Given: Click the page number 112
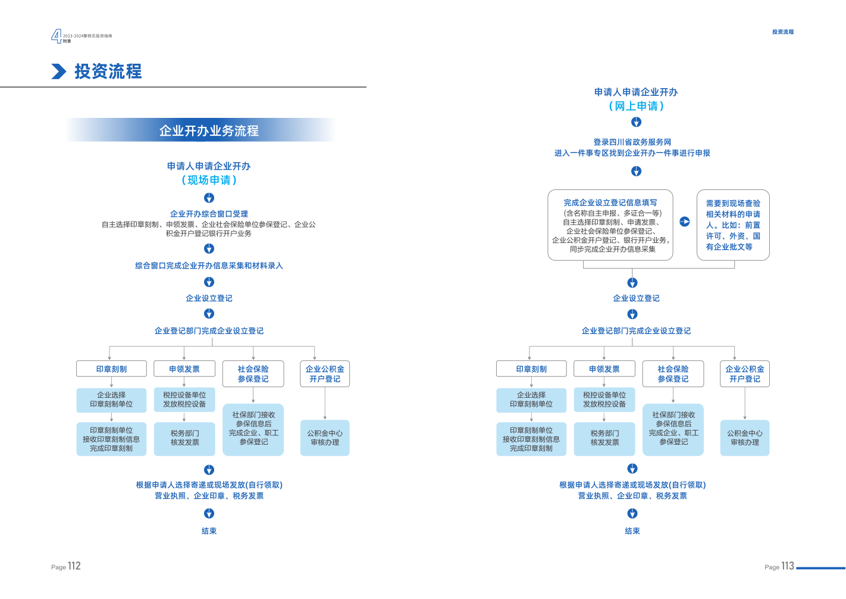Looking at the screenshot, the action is coord(74,566).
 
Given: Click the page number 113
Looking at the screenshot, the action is coord(788,566).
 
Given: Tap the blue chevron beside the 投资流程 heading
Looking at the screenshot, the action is coord(58,71).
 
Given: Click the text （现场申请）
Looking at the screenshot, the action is coord(209,180).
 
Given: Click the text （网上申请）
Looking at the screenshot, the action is coord(636,106).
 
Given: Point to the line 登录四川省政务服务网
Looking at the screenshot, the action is coord(632,142).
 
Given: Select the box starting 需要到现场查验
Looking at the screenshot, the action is coord(733,225).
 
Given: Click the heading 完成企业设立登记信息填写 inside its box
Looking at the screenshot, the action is coord(610,202).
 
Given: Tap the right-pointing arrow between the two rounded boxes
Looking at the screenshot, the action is coord(685,221).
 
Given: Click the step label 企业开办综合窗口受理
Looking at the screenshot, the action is coord(209,214).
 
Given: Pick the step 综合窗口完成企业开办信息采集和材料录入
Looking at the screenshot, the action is coord(209,266).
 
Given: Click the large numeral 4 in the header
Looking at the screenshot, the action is coord(56,36).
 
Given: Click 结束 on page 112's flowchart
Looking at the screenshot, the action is coord(209,531).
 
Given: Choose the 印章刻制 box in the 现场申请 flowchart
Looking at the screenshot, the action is coord(111,369).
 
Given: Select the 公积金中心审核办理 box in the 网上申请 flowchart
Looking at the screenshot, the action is coord(745,438).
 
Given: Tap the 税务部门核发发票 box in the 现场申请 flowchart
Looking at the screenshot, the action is coord(184,439).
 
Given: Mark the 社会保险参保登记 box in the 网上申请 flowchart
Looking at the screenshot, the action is coord(673,374).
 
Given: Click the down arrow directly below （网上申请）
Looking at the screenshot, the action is coord(637,122).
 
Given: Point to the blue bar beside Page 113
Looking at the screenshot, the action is coord(820,567).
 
